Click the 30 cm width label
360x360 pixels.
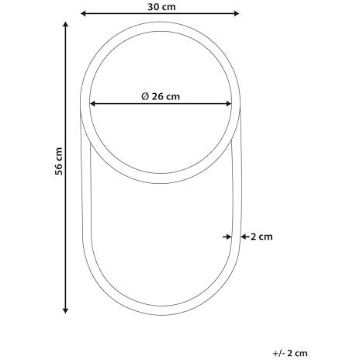coord(161,7)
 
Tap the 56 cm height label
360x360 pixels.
coord(59,161)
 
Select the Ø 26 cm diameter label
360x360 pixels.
coord(161,96)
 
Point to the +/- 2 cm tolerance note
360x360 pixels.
coord(290,353)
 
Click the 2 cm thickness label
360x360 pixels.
coord(261,237)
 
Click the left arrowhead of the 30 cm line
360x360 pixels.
coord(83,13)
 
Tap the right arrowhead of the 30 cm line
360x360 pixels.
coord(237,13)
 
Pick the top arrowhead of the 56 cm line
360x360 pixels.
coord(65,25)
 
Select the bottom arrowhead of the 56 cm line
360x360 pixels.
coord(65,310)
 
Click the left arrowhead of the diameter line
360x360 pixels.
coord(92,104)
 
